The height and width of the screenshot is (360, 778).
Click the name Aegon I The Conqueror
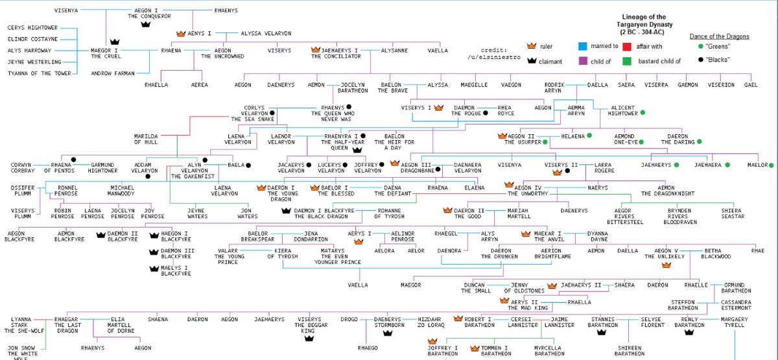pyautogui.click(x=148, y=14)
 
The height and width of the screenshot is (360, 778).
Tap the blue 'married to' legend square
pyautogui.click(x=582, y=46)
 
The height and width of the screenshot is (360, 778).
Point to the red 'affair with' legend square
pyautogui.click(x=627, y=46)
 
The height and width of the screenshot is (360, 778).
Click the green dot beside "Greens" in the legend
pyautogui.click(x=700, y=46)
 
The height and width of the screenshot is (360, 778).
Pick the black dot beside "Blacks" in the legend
pyautogui.click(x=700, y=60)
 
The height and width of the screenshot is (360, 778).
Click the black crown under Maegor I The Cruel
pyautogui.click(x=115, y=42)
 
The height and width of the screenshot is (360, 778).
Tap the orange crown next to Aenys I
pyautogui.click(x=181, y=32)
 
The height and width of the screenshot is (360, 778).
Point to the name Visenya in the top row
pyautogui.click(x=66, y=11)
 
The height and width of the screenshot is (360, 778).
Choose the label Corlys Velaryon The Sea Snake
pyautogui.click(x=253, y=114)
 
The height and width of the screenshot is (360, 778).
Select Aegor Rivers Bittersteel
pyautogui.click(x=625, y=216)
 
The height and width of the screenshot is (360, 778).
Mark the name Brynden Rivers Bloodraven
pyautogui.click(x=679, y=216)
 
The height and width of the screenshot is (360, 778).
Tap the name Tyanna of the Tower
pyautogui.click(x=38, y=73)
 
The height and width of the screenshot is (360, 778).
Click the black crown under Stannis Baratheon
pyautogui.click(x=601, y=332)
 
